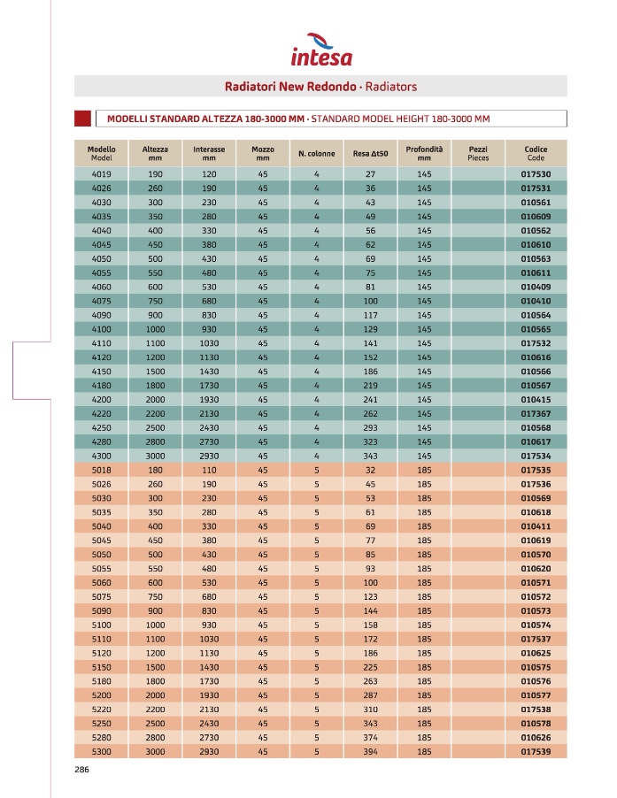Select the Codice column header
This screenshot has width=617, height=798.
click(x=536, y=153)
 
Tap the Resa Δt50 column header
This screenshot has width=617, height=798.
click(x=370, y=154)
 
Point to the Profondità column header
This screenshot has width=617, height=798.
click(x=424, y=153)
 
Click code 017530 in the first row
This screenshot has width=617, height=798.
click(x=536, y=174)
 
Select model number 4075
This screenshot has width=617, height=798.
click(x=101, y=301)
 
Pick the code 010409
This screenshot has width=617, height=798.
click(x=536, y=287)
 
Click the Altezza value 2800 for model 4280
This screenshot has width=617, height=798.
click(x=156, y=441)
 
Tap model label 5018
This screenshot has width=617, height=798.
click(x=101, y=470)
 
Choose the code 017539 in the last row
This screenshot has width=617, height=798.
click(x=536, y=751)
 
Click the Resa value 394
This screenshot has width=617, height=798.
click(x=370, y=751)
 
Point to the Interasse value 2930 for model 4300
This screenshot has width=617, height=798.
click(x=209, y=456)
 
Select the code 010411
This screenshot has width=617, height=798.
click(x=536, y=526)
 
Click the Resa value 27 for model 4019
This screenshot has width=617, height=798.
click(x=370, y=174)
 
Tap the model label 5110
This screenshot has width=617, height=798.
click(x=101, y=639)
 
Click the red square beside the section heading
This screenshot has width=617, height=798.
click(x=83, y=119)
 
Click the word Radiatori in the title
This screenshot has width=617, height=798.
click(x=251, y=87)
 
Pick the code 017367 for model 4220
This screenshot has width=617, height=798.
click(x=536, y=413)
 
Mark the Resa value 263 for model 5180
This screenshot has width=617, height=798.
click(x=370, y=681)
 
